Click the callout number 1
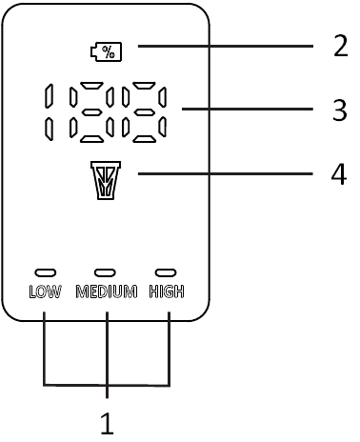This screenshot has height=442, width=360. [x=108, y=423]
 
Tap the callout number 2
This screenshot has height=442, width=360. [x=339, y=45]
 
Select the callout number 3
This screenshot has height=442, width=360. [x=339, y=110]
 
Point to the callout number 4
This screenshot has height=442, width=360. [x=338, y=174]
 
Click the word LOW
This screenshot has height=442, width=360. [x=45, y=291]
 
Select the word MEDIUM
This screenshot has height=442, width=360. [x=107, y=291]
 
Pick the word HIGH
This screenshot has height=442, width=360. [x=167, y=291]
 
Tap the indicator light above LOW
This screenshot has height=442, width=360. [x=45, y=272]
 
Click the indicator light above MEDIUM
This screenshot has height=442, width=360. [x=105, y=272]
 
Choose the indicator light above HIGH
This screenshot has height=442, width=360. [x=167, y=272]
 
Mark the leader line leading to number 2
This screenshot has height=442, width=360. [x=224, y=46]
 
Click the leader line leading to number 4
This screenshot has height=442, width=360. [x=224, y=173]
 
